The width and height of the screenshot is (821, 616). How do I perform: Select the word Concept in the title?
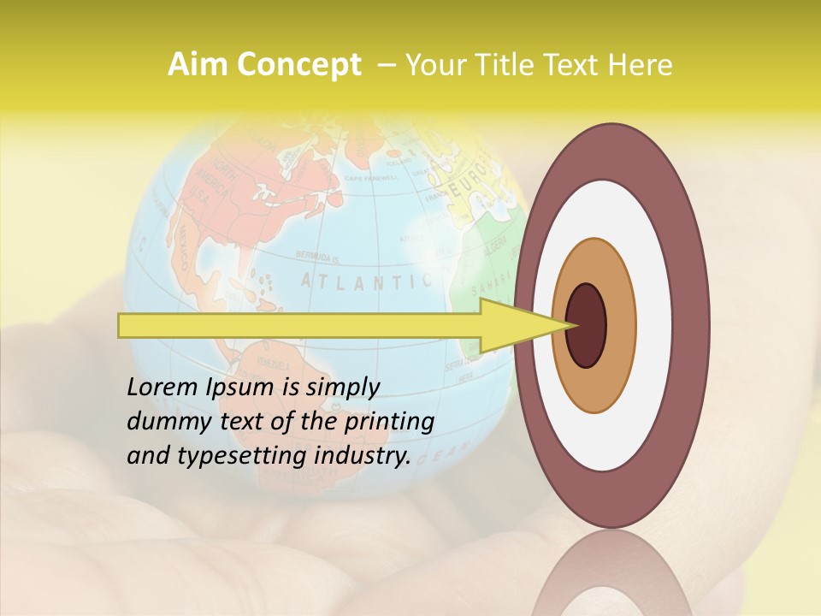tap(298, 65)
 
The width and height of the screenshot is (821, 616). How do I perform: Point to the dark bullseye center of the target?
tap(587, 325)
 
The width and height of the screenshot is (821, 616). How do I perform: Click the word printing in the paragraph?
tap(389, 422)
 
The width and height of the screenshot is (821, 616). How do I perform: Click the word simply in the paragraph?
tap(342, 388)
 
